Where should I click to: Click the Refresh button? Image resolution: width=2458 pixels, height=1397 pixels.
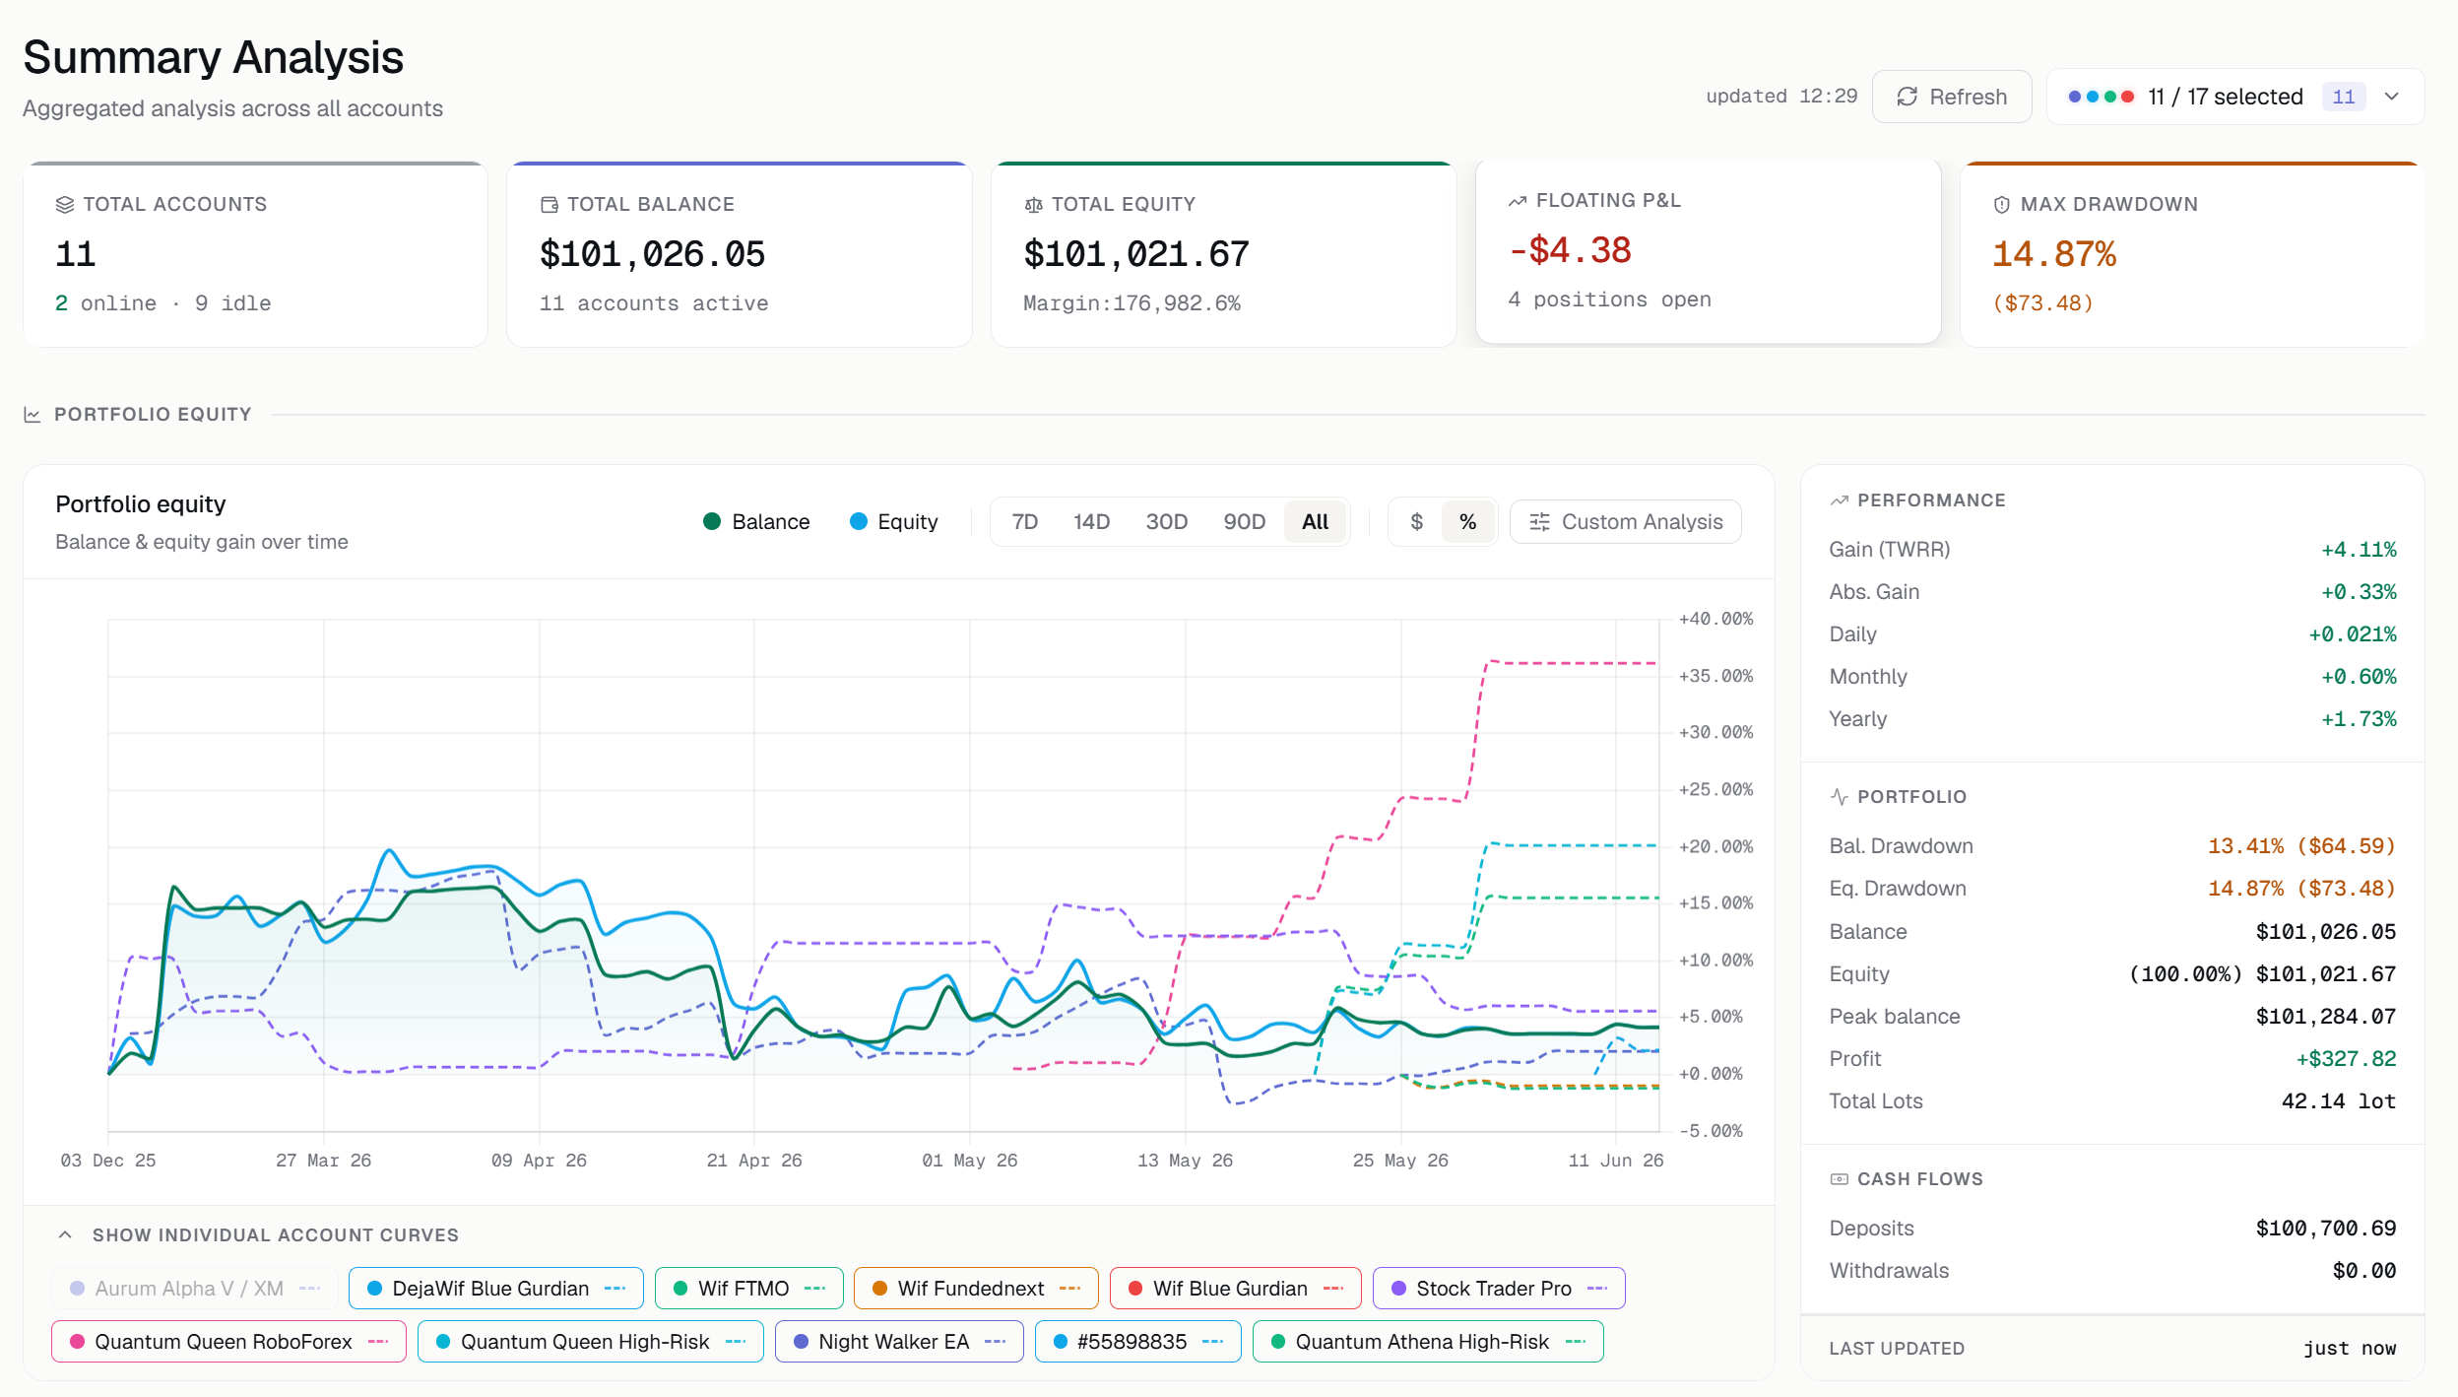click(x=1951, y=97)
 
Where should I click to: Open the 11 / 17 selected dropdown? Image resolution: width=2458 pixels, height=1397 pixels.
click(x=2234, y=97)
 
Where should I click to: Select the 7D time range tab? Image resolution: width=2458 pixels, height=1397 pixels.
click(x=1024, y=522)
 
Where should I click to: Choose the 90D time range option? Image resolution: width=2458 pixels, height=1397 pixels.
click(x=1244, y=522)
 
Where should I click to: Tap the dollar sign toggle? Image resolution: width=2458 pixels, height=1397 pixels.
click(x=1416, y=522)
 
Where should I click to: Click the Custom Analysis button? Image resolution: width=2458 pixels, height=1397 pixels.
click(x=1625, y=522)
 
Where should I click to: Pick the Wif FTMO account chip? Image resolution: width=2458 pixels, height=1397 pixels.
click(x=748, y=1289)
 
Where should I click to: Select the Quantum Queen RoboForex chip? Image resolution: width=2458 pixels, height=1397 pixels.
click(x=228, y=1342)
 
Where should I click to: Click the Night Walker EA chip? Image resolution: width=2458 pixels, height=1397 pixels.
click(x=898, y=1342)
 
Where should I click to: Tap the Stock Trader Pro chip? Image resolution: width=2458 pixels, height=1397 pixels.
click(x=1498, y=1289)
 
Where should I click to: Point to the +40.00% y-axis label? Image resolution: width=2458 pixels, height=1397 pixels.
click(x=1715, y=619)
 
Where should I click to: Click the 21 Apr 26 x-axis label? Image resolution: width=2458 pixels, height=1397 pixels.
click(x=754, y=1161)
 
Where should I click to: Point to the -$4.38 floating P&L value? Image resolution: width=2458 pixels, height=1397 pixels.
click(x=1570, y=250)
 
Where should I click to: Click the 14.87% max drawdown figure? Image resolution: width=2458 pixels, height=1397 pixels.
click(x=2054, y=254)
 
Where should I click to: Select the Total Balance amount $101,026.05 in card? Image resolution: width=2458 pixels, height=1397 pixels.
click(x=652, y=254)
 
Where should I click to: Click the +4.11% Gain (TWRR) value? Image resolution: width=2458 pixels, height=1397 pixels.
click(x=2359, y=550)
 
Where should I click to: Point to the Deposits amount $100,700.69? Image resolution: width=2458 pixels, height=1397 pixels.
click(x=2326, y=1229)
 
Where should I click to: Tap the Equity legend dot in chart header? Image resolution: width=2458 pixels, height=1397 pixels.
click(x=859, y=522)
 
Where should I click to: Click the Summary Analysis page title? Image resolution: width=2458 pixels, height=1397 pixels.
click(x=213, y=57)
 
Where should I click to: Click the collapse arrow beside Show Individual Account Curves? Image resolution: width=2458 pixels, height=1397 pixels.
click(x=65, y=1235)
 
